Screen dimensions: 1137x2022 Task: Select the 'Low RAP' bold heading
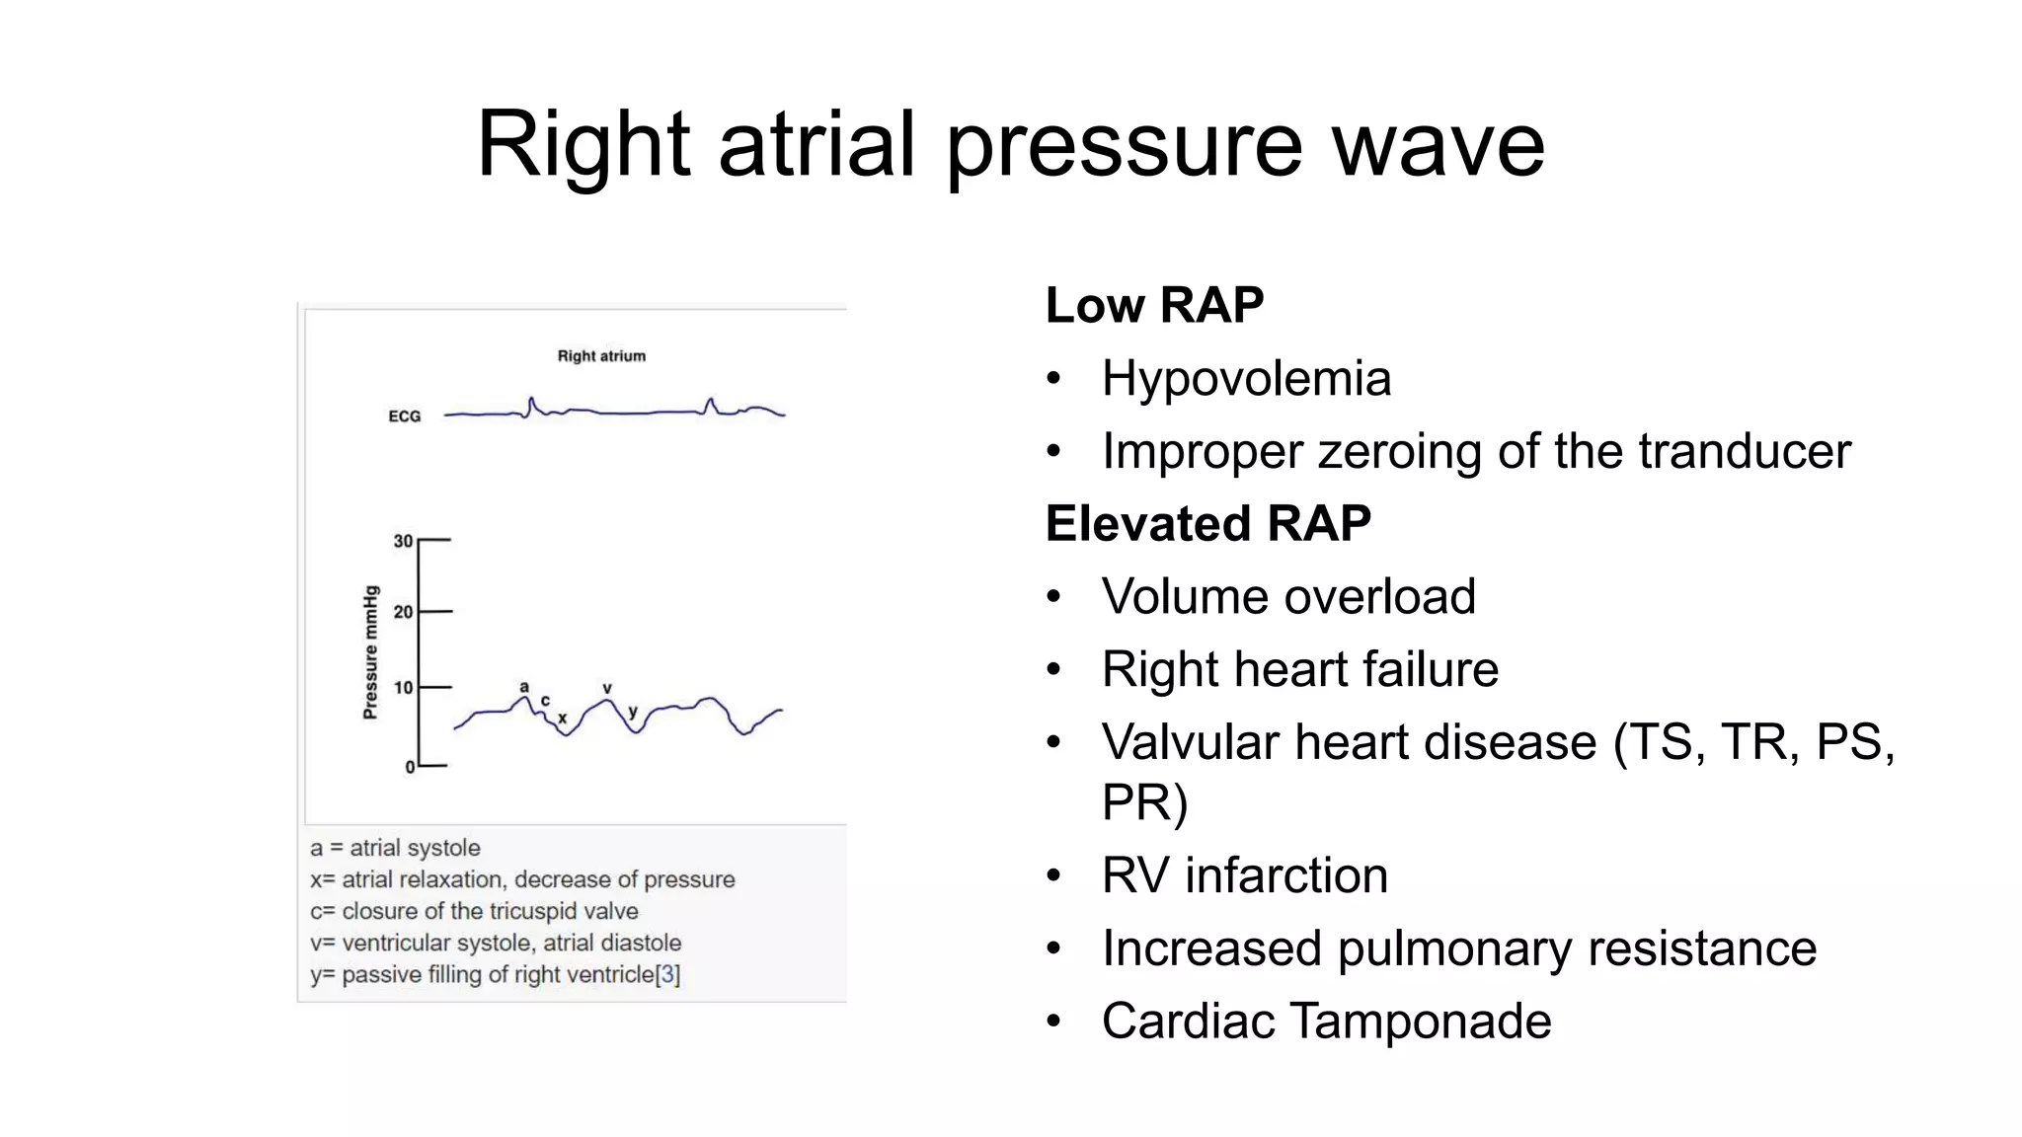[x=1154, y=305]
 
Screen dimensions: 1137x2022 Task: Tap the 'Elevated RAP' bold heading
[x=1207, y=523]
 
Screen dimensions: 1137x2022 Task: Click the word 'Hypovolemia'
[x=1246, y=379]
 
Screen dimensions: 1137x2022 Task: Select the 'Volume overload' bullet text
[x=1288, y=597]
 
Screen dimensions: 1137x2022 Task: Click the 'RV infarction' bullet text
[x=1244, y=875]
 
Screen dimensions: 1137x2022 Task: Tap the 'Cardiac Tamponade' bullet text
[x=1326, y=1022]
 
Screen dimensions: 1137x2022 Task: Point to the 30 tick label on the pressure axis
[x=403, y=541]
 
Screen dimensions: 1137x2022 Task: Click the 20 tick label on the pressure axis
[x=403, y=612]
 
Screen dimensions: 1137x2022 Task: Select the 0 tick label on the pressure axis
[x=410, y=767]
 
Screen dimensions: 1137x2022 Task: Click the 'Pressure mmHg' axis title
[x=370, y=652]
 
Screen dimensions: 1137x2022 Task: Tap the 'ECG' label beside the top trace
[x=404, y=417]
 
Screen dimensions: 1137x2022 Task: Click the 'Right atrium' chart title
[x=601, y=356]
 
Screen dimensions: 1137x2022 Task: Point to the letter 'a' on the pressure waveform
[x=524, y=687]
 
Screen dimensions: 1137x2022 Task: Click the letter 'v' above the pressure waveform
[x=607, y=688]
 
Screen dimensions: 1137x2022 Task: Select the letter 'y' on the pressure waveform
[x=633, y=712]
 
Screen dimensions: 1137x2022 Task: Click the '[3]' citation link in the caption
[x=668, y=975]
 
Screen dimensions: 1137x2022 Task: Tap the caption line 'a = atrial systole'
[x=395, y=848]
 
